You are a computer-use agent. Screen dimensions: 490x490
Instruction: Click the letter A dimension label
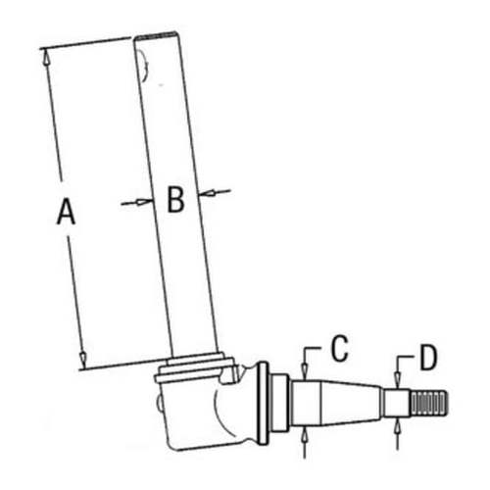tap(66, 210)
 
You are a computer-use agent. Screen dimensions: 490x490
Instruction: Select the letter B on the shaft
tap(174, 200)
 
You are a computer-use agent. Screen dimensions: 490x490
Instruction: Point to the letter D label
tap(427, 358)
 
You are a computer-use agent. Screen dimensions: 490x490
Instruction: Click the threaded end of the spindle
tap(429, 403)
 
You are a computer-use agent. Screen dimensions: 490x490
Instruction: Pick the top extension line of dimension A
tap(88, 42)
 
